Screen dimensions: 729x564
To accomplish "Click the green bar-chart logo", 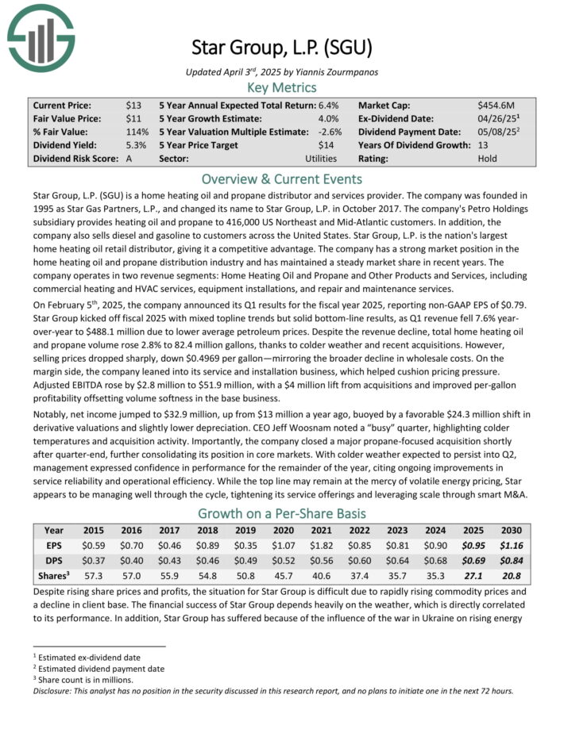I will pos(41,36).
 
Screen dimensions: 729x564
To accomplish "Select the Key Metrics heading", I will pos(282,87).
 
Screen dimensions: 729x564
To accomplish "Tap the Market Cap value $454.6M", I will pos(496,105).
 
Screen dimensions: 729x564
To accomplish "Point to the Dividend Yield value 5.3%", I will pos(136,145).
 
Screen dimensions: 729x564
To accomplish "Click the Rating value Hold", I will pos(489,159).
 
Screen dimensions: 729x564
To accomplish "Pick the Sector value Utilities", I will pos(320,159).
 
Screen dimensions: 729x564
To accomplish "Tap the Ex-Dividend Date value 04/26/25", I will pos(499,118).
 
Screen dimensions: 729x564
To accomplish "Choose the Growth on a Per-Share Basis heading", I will pos(282,512).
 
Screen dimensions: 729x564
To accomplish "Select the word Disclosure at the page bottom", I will pos(52,690).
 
